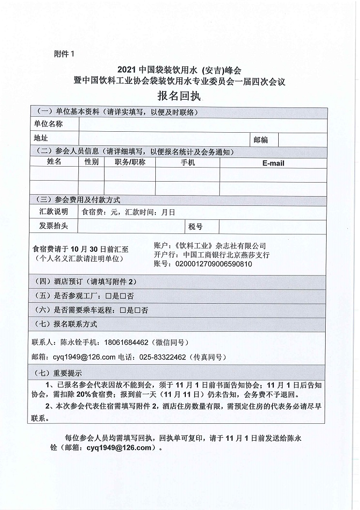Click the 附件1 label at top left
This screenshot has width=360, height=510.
65,54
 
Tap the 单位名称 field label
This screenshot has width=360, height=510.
48,124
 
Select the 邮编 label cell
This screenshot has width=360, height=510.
260,140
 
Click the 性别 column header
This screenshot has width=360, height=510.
91,162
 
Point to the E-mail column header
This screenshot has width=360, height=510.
273,163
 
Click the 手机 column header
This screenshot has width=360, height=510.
187,162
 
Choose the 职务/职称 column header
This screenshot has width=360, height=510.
130,162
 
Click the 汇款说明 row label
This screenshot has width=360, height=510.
53,212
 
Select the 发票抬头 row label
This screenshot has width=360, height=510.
53,226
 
